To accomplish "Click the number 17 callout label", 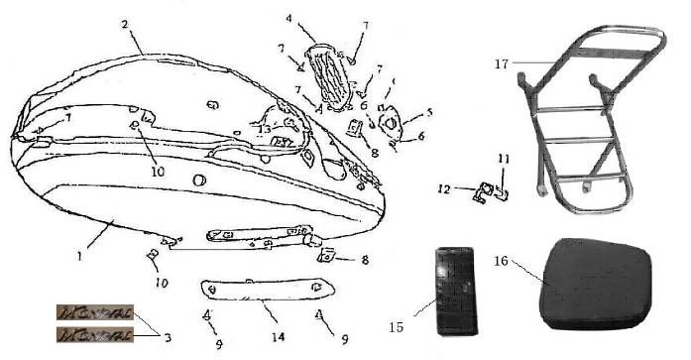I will [504, 63].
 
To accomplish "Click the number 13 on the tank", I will [265, 129].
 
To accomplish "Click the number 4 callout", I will [288, 18].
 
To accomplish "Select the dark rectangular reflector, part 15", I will [456, 290].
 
